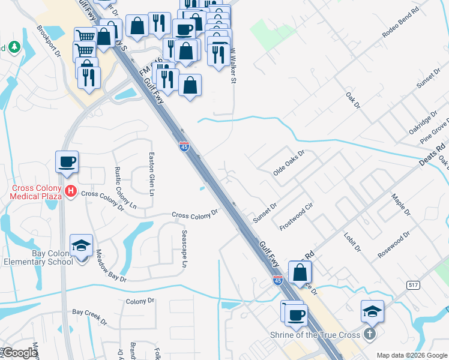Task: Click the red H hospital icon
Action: pyautogui.click(x=71, y=192)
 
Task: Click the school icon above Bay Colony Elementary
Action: pyautogui.click(x=81, y=246)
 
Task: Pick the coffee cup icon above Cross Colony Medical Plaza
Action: pyautogui.click(x=67, y=162)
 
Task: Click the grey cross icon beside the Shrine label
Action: pyautogui.click(x=370, y=334)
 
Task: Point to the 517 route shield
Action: pyautogui.click(x=412, y=284)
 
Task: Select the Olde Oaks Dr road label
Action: pyautogui.click(x=289, y=162)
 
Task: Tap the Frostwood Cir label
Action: pyautogui.click(x=297, y=217)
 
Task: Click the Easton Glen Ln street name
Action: pyautogui.click(x=151, y=174)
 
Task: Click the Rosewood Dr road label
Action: pyautogui.click(x=393, y=245)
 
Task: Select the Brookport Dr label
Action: pyautogui.click(x=49, y=41)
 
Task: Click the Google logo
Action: pyautogui.click(x=20, y=353)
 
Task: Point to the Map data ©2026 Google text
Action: pyautogui.click(x=411, y=355)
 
